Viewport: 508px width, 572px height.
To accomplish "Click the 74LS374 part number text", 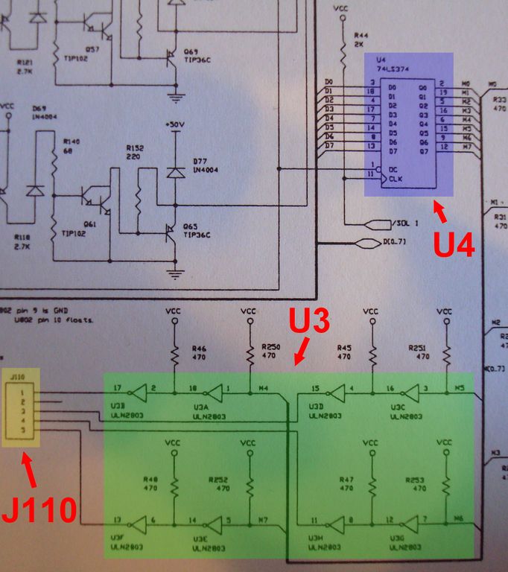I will coord(395,68).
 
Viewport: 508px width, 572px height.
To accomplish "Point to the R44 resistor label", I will coord(361,35).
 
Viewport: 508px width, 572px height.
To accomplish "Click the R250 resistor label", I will coord(271,347).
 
